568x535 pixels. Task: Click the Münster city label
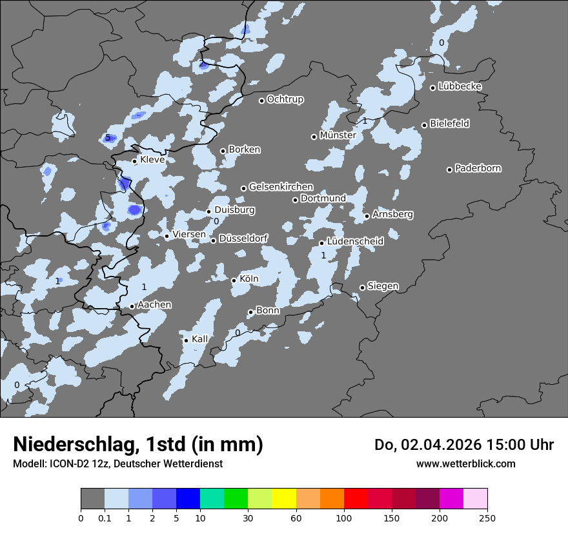pos(338,135)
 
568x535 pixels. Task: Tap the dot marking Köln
pos(234,280)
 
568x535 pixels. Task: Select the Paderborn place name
pos(478,169)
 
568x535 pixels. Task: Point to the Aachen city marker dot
pos(132,306)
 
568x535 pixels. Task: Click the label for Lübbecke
pos(460,87)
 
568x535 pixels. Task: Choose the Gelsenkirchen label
pos(281,188)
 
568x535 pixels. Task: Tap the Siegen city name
pos(383,286)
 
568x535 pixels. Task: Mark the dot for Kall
pos(187,340)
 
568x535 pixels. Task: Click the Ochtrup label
pos(285,100)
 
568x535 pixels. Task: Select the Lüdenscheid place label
pos(355,242)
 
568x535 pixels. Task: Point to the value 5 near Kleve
pos(108,137)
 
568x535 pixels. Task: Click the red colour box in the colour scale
pos(356,499)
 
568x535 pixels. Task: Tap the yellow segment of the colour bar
pos(284,499)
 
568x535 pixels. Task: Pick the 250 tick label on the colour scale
pos(487,518)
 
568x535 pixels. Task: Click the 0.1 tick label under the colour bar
pos(105,518)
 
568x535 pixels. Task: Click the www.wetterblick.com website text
pos(465,463)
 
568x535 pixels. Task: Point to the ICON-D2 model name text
pos(64,463)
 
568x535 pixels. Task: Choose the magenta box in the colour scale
pos(451,499)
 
